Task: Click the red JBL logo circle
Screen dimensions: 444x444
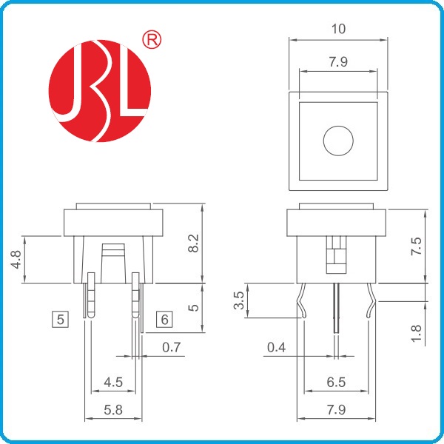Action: pyautogui.click(x=100, y=91)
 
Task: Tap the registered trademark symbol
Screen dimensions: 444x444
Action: pyautogui.click(x=152, y=40)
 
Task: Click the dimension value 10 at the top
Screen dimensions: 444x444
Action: pyautogui.click(x=338, y=29)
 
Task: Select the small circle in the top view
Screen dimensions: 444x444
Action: pyautogui.click(x=338, y=141)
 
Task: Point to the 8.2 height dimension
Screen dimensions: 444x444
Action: pyautogui.click(x=194, y=243)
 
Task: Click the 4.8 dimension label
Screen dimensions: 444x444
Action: pyautogui.click(x=16, y=260)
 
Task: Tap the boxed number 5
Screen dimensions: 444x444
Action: pyautogui.click(x=61, y=320)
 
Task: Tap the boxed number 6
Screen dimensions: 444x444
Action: pyautogui.click(x=164, y=320)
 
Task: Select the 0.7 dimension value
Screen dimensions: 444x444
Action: pyautogui.click(x=172, y=347)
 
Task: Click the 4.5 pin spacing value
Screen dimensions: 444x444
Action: pyautogui.click(x=113, y=383)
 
